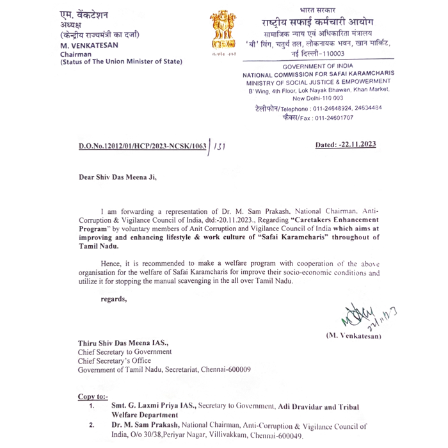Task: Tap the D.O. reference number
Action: coord(142,146)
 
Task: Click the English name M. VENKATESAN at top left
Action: coord(89,45)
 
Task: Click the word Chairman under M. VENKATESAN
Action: coord(76,54)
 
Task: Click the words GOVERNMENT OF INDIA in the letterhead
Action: coord(318,67)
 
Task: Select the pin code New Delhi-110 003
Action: coord(317,98)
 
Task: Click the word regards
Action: coord(114,298)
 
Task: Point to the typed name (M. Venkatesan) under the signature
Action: coord(353,335)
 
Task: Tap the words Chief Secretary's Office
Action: coord(115,360)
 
